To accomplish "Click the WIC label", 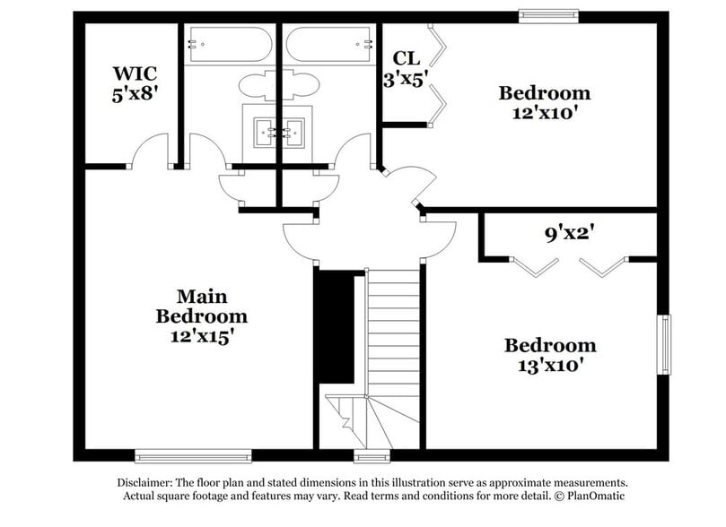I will pyautogui.click(x=136, y=73).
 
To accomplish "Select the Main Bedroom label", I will pyautogui.click(x=201, y=306).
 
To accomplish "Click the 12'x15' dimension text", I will pyautogui.click(x=201, y=337).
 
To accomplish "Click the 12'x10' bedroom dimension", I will pyautogui.click(x=544, y=113).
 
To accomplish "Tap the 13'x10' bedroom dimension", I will pyautogui.click(x=549, y=365).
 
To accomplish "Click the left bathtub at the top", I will pyautogui.click(x=228, y=42).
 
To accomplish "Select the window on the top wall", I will pyautogui.click(x=547, y=14).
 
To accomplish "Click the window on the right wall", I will pyautogui.click(x=664, y=344).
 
